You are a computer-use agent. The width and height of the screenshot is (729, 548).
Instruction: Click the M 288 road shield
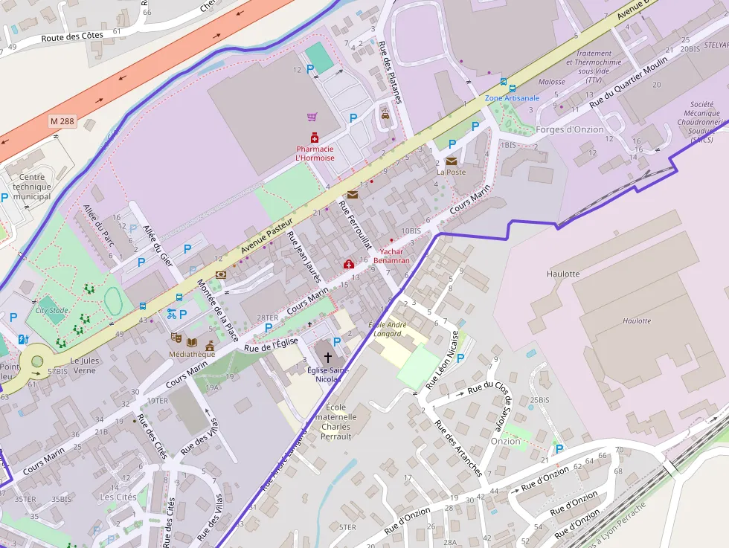pyautogui.click(x=63, y=120)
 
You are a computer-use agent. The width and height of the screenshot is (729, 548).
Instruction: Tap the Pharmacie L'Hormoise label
pyautogui.click(x=315, y=153)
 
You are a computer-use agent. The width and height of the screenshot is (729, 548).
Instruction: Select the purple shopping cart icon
pyautogui.click(x=312, y=117)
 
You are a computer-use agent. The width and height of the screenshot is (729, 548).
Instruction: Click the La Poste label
pyautogui.click(x=451, y=172)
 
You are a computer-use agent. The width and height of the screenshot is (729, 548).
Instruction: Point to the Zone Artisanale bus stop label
pyautogui.click(x=512, y=98)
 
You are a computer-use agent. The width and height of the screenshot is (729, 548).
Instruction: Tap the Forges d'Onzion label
pyautogui.click(x=570, y=129)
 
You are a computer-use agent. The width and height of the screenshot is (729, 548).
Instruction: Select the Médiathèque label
pyautogui.click(x=193, y=354)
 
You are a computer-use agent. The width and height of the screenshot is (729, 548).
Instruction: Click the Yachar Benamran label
pyautogui.click(x=391, y=256)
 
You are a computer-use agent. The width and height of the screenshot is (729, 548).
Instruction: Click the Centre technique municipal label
pyautogui.click(x=32, y=187)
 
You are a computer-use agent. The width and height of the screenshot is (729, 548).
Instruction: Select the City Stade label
pyautogui.click(x=51, y=311)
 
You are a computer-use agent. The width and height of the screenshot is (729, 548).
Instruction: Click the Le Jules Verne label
pyautogui.click(x=84, y=365)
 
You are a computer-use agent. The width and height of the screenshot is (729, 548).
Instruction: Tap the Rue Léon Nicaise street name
pyautogui.click(x=442, y=360)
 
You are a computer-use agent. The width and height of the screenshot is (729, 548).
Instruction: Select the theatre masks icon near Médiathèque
pyautogui.click(x=176, y=337)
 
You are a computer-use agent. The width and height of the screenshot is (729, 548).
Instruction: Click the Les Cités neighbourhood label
pyautogui.click(x=118, y=496)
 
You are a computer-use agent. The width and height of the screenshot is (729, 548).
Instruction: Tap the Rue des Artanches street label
pyautogui.click(x=458, y=448)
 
